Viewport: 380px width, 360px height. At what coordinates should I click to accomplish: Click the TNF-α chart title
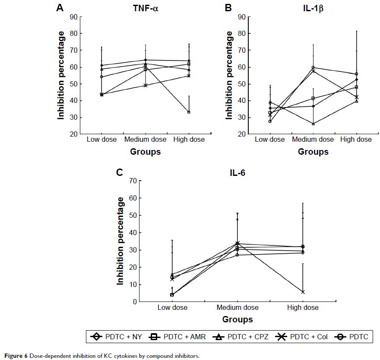pyautogui.click(x=146, y=8)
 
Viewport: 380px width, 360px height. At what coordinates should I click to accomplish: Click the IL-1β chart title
pyautogui.click(x=313, y=8)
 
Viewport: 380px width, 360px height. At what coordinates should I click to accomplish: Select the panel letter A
pyautogui.click(x=60, y=7)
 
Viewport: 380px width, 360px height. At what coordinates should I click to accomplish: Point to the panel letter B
pyautogui.click(x=228, y=7)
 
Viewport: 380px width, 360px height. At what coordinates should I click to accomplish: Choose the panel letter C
pyautogui.click(x=120, y=172)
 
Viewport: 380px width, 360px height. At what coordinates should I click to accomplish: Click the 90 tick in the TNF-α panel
pyautogui.click(x=74, y=17)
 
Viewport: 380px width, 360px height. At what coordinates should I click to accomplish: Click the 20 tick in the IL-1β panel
pyautogui.click(x=242, y=134)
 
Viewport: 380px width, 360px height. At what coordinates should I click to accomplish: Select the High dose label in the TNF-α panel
pyautogui.click(x=189, y=140)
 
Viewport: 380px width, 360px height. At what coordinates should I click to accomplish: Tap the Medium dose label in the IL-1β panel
pyautogui.click(x=313, y=140)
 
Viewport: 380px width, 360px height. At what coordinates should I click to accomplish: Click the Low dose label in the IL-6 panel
pyautogui.click(x=172, y=308)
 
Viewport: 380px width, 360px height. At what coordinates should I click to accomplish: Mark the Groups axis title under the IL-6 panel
pyautogui.click(x=237, y=320)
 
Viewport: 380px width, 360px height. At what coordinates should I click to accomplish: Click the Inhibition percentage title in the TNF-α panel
pyautogui.click(x=62, y=76)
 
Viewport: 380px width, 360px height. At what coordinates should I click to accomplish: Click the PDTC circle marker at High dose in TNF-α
pyautogui.click(x=189, y=112)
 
